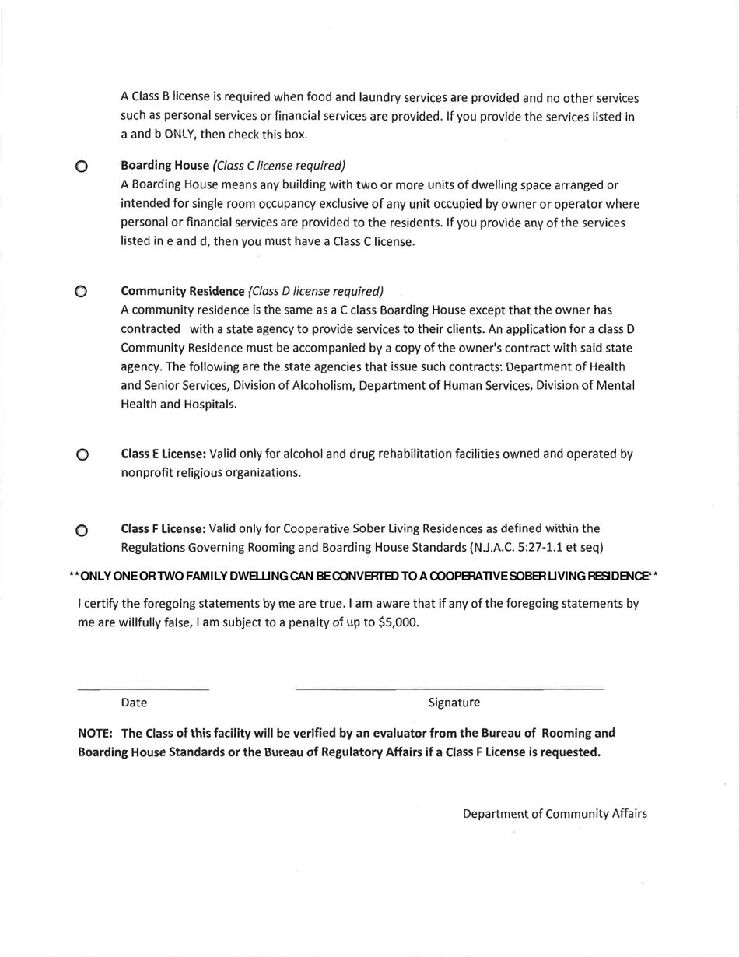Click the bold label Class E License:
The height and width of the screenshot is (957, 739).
(163, 454)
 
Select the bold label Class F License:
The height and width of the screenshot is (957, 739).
(163, 529)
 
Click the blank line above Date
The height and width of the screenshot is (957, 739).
(143, 689)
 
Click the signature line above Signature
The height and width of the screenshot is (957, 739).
(450, 689)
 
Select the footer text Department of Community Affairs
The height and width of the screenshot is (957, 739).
(555, 813)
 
